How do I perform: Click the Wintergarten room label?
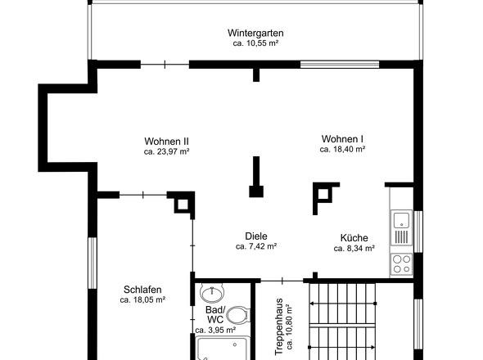(x=255, y=33)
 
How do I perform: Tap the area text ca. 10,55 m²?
(x=255, y=43)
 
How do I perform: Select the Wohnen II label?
(x=166, y=142)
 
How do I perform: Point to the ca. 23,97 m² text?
(x=166, y=151)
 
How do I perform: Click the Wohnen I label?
(x=342, y=139)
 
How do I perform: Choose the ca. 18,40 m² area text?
(x=342, y=150)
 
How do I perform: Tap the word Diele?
(x=256, y=236)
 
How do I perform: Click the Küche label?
(x=354, y=238)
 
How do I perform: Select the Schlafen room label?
(x=142, y=290)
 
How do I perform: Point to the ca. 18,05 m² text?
(x=142, y=299)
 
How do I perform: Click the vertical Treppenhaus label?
(x=279, y=326)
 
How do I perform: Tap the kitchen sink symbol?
(x=401, y=228)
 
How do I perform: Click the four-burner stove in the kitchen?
(x=401, y=264)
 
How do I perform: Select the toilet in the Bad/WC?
(x=237, y=315)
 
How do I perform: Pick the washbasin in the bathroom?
(x=212, y=293)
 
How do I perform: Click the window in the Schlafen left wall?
(x=93, y=263)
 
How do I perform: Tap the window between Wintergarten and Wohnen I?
(x=340, y=65)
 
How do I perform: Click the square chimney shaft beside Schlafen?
(x=182, y=205)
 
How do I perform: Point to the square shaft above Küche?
(x=323, y=195)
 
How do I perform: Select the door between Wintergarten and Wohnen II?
(x=165, y=65)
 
